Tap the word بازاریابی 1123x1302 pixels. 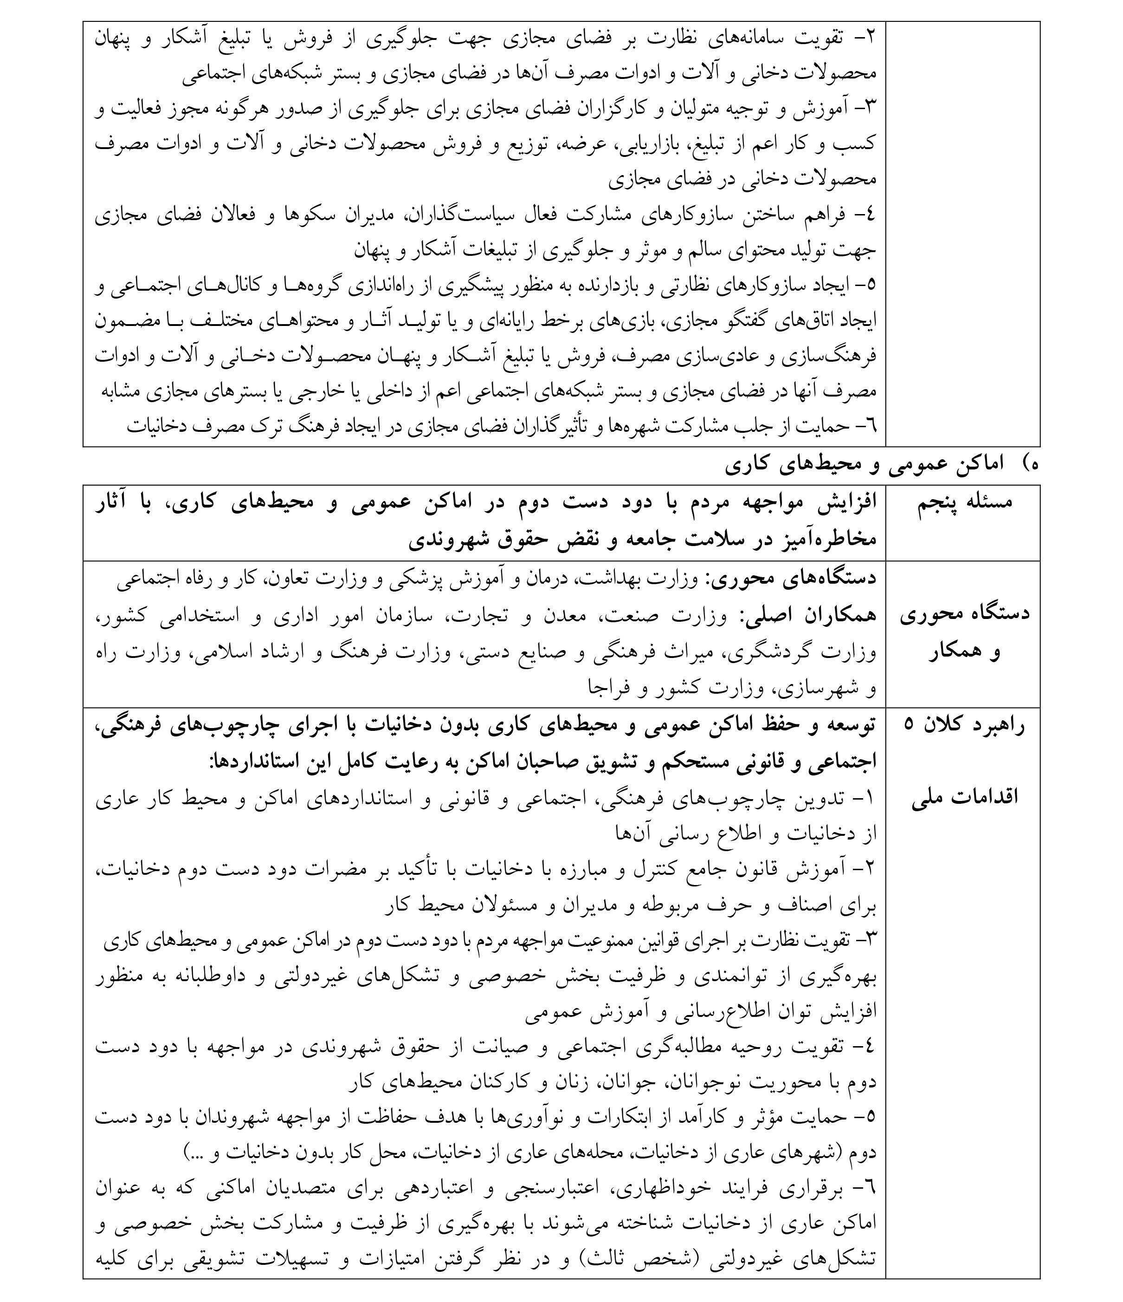(650, 144)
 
